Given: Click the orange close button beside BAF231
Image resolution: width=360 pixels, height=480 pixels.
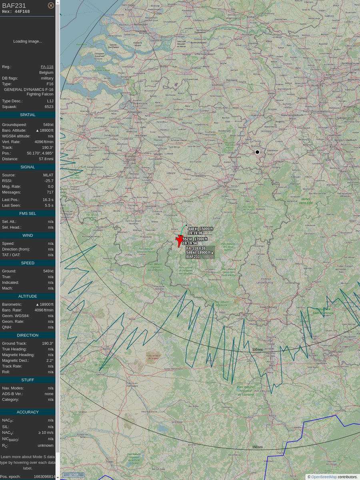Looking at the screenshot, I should pyautogui.click(x=51, y=5).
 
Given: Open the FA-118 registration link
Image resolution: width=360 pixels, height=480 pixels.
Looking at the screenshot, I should pyautogui.click(x=47, y=67).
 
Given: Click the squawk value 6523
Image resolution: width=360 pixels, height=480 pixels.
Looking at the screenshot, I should pyautogui.click(x=49, y=107).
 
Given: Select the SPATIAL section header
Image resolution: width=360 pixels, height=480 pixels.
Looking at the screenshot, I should pyautogui.click(x=28, y=115).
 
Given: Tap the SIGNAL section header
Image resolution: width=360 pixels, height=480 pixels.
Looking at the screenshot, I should pyautogui.click(x=28, y=167).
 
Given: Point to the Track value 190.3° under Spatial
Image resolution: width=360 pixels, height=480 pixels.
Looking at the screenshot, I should pyautogui.click(x=48, y=148).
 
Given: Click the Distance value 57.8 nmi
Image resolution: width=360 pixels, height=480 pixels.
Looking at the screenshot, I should pyautogui.click(x=46, y=159).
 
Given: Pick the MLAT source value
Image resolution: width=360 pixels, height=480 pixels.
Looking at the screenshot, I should pyautogui.click(x=48, y=175).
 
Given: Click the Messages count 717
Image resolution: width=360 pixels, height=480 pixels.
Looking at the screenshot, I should pyautogui.click(x=49, y=192).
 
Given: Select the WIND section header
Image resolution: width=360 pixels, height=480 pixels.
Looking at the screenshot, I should pyautogui.click(x=28, y=235).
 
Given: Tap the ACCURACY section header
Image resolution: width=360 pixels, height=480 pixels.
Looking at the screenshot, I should pyautogui.click(x=28, y=412).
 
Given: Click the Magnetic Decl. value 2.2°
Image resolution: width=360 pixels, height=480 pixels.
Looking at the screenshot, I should pyautogui.click(x=50, y=360).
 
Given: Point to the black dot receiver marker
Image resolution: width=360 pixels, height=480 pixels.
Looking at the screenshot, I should pyautogui.click(x=257, y=152).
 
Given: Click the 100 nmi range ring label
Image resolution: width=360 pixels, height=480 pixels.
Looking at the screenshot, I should pyautogui.click(x=257, y=350).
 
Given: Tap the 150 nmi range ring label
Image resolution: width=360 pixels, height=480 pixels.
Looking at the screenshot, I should pyautogui.click(x=257, y=447).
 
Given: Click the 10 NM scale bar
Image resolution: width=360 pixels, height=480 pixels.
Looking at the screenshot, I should pyautogui.click(x=73, y=474).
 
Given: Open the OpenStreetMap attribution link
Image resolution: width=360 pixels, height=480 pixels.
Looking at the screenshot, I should pyautogui.click(x=324, y=477).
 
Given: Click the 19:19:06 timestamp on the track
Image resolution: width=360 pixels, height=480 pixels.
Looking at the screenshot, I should pyautogui.click(x=195, y=233).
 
